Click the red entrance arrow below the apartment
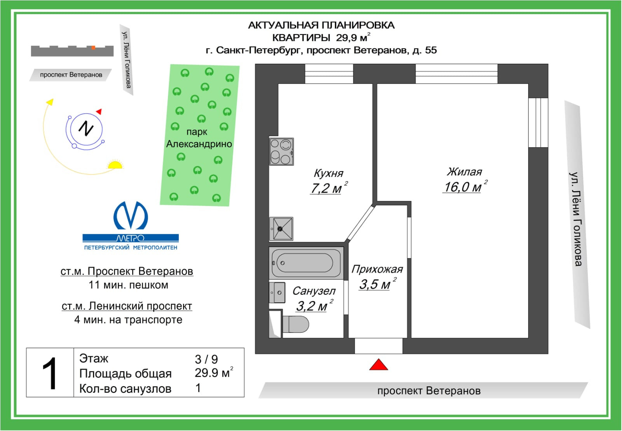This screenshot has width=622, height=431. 378,365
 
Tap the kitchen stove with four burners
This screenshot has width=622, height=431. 281,152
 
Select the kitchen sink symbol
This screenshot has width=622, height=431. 281,229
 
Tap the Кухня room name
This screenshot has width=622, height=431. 328,173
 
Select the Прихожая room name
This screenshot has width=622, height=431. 377,269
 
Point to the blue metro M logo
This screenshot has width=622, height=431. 131,216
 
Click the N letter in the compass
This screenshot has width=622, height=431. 86,128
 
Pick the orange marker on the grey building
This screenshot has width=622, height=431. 93,48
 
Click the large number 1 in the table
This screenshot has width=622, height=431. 50,373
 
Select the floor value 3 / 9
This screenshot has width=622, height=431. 206,359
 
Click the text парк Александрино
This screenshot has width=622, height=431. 199,138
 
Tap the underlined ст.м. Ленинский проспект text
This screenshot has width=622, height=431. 127,306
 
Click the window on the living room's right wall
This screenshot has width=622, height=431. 538,122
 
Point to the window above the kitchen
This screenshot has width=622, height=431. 329,74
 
